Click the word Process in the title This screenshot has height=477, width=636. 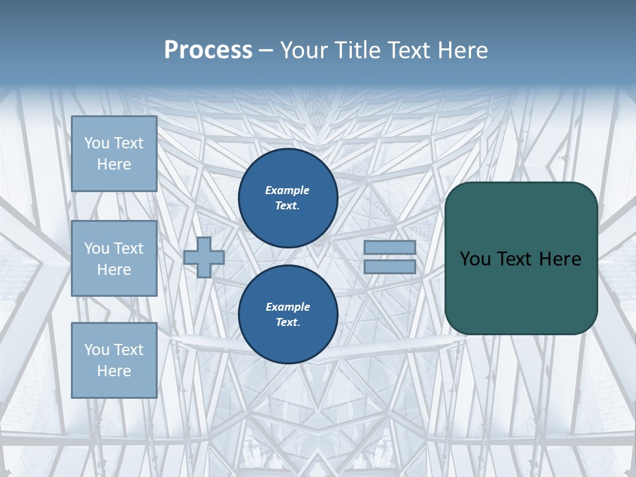pyautogui.click(x=208, y=50)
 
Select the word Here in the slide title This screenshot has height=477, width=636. pyautogui.click(x=461, y=50)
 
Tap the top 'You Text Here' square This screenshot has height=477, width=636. pyautogui.click(x=114, y=154)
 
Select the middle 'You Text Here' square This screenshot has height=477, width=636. pyautogui.click(x=114, y=258)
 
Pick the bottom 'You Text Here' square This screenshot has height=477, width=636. pyautogui.click(x=114, y=360)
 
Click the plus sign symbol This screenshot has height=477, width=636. pyautogui.click(x=204, y=257)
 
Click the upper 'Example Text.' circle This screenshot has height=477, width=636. pyautogui.click(x=288, y=198)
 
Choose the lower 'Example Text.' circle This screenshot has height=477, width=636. pyautogui.click(x=288, y=315)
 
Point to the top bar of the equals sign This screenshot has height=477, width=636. pyautogui.click(x=390, y=247)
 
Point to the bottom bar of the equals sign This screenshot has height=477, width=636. pyautogui.click(x=390, y=266)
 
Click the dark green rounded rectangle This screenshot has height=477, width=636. pyautogui.click(x=521, y=291)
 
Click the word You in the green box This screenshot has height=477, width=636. pyautogui.click(x=475, y=259)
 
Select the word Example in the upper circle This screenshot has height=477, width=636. pyautogui.click(x=288, y=190)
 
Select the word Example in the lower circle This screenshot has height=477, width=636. pyautogui.click(x=288, y=307)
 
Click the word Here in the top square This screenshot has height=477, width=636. pyautogui.click(x=114, y=164)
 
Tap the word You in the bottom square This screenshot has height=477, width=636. pyautogui.click(x=97, y=350)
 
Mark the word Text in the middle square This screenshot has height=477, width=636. pyautogui.click(x=128, y=248)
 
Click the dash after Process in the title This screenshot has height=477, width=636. pyautogui.click(x=266, y=50)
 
